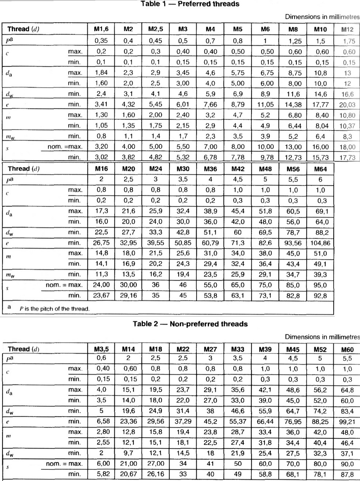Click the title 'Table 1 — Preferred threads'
pos(190,4)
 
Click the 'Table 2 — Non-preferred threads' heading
pos(190,324)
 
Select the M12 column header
pos(347,30)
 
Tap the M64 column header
pos(320,169)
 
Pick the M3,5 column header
pos(101,349)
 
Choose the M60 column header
pos(347,350)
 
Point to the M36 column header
pos(211,169)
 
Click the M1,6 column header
pos(101,30)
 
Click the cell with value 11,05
pos(265,104)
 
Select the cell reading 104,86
pos(320,243)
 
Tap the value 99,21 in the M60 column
pos(347,421)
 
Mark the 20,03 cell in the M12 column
pos(347,105)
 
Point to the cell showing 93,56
pos(293,243)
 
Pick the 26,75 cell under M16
pos(101,243)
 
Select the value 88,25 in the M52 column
pos(320,421)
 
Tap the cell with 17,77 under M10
pos(320,105)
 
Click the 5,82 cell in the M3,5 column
pos(101,474)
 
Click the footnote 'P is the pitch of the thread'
pos(54,309)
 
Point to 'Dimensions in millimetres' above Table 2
pos(322,337)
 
